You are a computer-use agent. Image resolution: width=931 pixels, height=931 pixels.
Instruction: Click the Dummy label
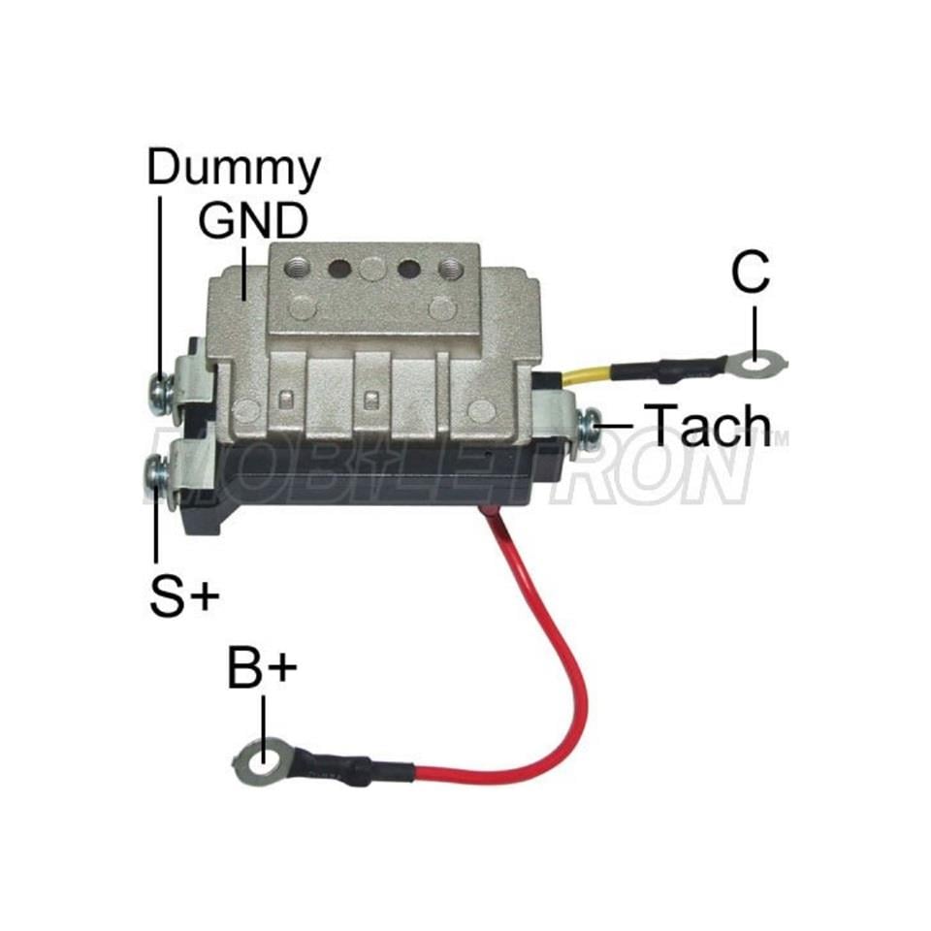point(234,169)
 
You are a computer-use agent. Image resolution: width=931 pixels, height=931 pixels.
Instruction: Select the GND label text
point(253,221)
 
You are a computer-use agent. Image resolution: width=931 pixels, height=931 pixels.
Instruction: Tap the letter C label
point(751,272)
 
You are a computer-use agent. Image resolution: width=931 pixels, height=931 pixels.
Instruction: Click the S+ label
point(184,596)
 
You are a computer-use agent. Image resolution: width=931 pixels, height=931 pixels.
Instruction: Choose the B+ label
point(262,668)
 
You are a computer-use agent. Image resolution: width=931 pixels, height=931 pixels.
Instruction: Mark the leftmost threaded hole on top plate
point(297,268)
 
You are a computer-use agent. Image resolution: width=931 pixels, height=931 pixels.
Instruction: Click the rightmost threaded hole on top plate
point(450,269)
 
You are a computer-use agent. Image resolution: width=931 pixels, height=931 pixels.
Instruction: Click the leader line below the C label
point(754,334)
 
